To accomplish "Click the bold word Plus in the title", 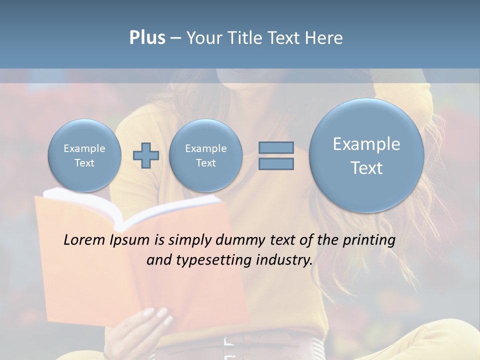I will (x=147, y=38).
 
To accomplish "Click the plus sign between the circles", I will (x=146, y=155).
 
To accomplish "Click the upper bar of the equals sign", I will (x=276, y=147).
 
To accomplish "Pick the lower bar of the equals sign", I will (x=276, y=164).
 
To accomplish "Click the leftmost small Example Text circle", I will (x=84, y=155).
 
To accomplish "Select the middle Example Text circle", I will (x=205, y=155).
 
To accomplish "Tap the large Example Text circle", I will (x=366, y=155).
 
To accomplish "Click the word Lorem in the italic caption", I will (x=85, y=240).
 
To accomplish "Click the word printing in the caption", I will (x=368, y=240).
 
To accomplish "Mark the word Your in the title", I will (x=203, y=38).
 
